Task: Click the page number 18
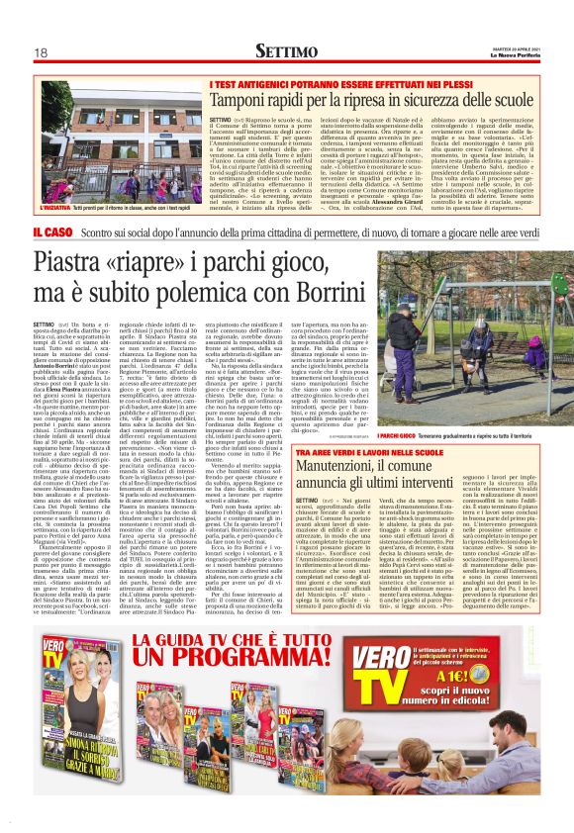click(41, 51)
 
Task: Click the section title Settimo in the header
click(286, 49)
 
